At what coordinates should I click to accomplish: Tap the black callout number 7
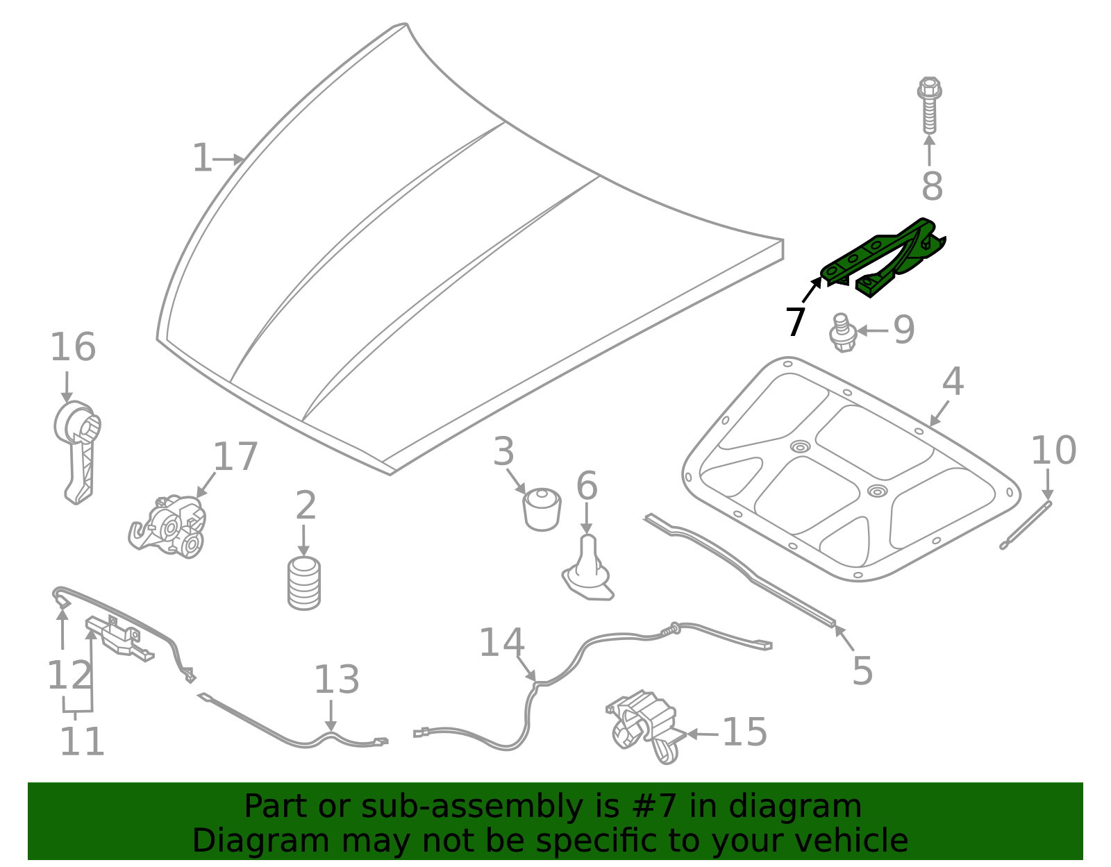796,322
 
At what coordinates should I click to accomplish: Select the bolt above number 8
929,105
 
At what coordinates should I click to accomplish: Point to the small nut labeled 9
842,333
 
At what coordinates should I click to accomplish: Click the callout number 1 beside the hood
201,158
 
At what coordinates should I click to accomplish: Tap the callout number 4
953,382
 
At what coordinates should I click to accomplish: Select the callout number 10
1053,451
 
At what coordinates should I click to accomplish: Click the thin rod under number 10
1026,525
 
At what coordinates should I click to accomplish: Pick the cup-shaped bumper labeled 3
542,509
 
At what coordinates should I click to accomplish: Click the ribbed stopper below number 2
303,584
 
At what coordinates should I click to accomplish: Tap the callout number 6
587,485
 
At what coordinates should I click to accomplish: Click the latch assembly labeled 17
169,527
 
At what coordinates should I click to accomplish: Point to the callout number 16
72,347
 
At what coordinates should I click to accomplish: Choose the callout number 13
336,680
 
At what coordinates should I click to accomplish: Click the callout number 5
862,671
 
